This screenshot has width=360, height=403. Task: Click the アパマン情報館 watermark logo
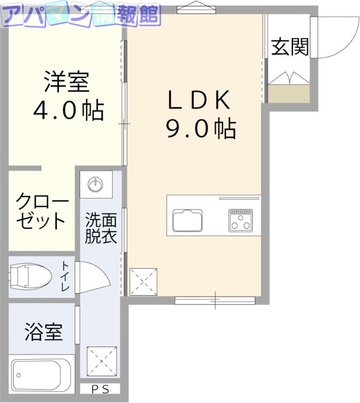tap(81, 15)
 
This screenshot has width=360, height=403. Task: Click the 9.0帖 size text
tap(201, 129)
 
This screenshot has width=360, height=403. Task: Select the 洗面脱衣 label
tap(101, 228)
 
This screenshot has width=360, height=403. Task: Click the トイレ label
tap(65, 276)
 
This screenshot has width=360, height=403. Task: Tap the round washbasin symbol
tap(96, 185)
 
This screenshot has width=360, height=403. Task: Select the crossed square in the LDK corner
tap(143, 281)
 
